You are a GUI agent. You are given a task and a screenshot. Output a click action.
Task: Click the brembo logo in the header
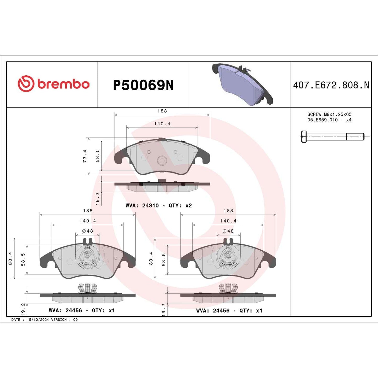pos(54,84)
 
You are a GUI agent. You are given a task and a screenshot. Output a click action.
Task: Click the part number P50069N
pos(143,85)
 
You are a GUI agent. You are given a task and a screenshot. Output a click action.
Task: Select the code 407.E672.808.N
pos(331,85)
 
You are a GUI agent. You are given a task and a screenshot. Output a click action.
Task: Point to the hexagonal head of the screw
pos(304,137)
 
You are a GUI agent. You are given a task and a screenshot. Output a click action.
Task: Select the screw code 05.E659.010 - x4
pos(329,120)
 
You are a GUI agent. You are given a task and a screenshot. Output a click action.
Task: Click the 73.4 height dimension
pos(85,156)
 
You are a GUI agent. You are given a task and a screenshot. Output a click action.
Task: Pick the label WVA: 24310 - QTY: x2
pos(159,206)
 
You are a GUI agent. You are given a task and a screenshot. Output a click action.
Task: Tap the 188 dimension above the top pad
pos(162,111)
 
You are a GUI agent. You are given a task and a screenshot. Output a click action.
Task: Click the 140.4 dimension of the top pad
pos(162,124)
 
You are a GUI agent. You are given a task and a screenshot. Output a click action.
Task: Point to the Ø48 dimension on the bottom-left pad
pos(88,231)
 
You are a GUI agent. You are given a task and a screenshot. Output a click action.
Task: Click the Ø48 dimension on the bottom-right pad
pos(228,231)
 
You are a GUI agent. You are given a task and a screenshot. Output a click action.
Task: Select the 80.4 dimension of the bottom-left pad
pos(10,258)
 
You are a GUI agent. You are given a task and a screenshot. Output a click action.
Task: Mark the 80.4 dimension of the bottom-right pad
pos(151,258)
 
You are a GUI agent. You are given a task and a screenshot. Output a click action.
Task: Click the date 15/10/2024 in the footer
pos(38,320)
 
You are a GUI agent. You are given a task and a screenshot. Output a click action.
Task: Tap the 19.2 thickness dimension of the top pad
pos(98,199)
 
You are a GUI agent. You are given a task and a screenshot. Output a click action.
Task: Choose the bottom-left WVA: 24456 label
pos(82,311)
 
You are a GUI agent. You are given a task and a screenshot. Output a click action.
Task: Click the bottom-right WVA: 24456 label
pos(229,311)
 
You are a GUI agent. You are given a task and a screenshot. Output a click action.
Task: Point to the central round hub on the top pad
pos(162,160)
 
